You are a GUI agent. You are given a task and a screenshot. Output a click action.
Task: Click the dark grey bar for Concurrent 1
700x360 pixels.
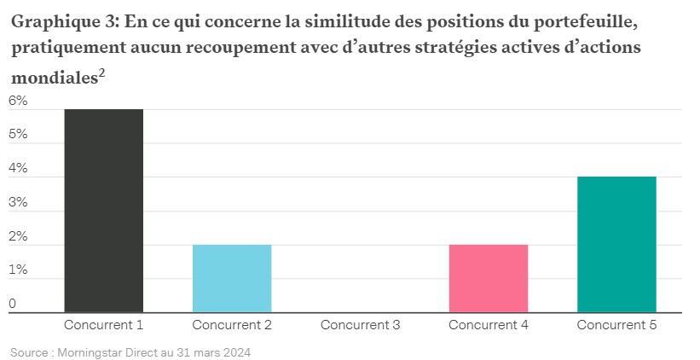point(103,211)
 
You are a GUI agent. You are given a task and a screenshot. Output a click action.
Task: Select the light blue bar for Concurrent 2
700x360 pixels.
point(232,278)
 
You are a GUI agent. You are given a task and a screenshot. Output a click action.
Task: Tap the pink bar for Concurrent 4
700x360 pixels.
point(489,278)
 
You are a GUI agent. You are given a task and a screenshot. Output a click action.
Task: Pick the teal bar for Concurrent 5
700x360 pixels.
point(616,244)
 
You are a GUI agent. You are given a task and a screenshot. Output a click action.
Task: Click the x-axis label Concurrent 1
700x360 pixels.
point(103,325)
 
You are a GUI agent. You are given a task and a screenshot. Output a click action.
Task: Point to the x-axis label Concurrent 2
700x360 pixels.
point(232,325)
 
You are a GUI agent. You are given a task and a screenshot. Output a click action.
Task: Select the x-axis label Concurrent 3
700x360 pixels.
point(360,325)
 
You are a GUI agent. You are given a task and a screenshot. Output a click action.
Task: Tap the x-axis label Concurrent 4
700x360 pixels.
point(489,325)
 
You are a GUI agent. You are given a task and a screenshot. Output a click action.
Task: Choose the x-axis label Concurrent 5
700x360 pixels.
point(616,325)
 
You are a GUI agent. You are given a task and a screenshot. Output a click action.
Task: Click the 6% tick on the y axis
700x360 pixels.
point(18,101)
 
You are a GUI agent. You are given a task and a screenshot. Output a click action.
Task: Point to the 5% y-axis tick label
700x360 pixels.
point(18,135)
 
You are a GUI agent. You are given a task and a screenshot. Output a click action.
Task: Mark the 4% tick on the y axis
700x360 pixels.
point(18,168)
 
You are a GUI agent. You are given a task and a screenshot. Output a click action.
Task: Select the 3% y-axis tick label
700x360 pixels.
point(18,202)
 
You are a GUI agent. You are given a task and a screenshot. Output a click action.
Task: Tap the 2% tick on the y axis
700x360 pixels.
point(18,236)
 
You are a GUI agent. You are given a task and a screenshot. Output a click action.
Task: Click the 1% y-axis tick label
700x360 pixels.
point(18,270)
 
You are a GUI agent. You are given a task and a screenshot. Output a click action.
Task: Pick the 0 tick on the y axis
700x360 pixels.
point(13,304)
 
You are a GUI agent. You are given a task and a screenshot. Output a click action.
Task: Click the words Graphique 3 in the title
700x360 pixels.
point(61,22)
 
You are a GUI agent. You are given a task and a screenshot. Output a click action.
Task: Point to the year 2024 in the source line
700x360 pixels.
point(236,351)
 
